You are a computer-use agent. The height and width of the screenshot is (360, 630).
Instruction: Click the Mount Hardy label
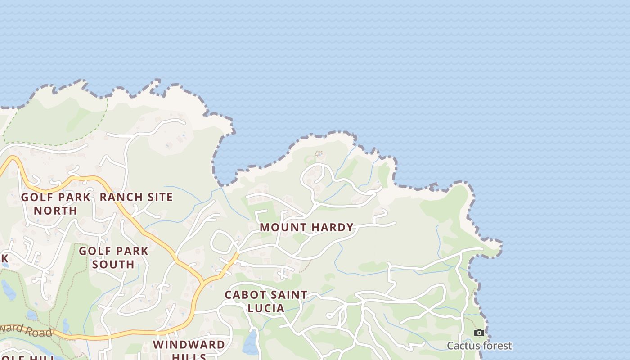point(306,227)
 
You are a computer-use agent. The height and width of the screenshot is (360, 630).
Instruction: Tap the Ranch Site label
point(136,197)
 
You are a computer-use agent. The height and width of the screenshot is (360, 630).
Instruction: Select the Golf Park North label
point(56,203)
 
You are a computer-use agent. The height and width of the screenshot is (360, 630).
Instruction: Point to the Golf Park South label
point(113,257)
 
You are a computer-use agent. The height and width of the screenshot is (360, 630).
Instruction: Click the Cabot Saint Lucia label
point(266,301)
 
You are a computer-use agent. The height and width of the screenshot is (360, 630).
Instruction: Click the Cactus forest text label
point(479,346)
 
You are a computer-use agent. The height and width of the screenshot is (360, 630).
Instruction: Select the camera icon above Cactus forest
point(479,333)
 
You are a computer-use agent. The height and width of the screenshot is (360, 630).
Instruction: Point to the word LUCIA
point(266,308)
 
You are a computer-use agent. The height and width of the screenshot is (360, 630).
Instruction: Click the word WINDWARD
point(189,345)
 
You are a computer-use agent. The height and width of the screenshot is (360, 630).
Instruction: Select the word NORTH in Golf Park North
point(56,210)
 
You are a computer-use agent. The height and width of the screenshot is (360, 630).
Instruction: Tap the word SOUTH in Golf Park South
point(113,264)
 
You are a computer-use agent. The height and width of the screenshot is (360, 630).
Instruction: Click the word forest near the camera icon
point(496,346)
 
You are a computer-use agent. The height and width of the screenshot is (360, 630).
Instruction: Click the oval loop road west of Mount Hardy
point(224,242)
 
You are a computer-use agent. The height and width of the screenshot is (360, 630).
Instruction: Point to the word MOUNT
point(281,227)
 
